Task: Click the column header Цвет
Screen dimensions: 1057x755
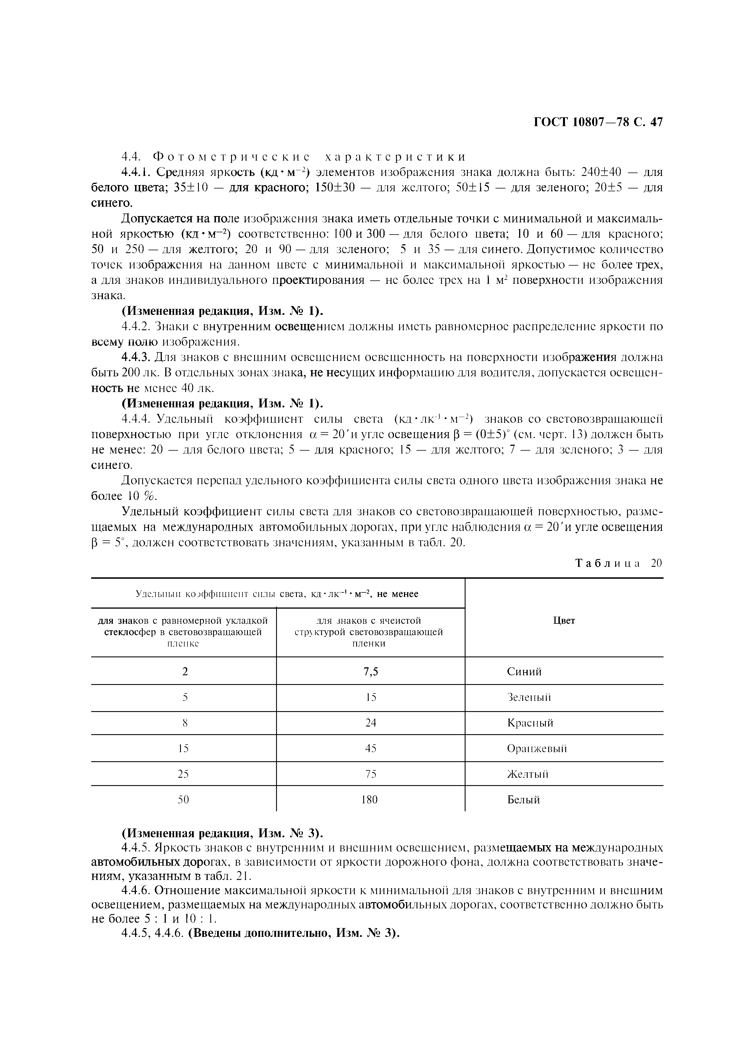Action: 564,621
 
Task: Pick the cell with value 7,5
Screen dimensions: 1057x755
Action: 371,672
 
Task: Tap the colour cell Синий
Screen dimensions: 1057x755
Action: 524,672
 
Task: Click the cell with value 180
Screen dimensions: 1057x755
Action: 370,799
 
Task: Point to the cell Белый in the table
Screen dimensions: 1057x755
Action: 523,799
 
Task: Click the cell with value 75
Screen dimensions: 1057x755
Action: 371,774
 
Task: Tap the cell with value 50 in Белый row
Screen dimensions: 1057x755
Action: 184,799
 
